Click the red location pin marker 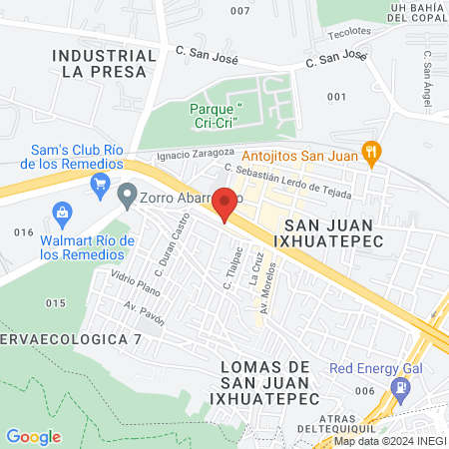225,204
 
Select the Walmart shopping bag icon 63,213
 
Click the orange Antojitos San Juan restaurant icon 372,152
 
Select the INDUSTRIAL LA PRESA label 104,63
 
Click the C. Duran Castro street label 172,247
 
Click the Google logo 33,436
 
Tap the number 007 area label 239,11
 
